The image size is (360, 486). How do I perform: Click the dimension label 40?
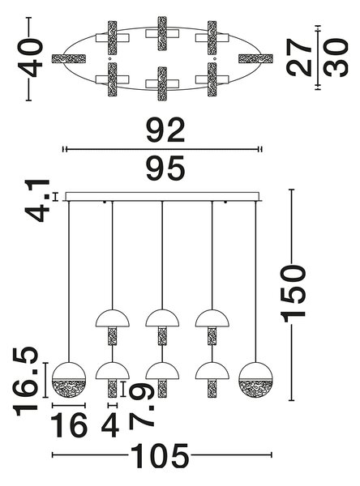pos(31,58)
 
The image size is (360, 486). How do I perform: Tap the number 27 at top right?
pos(298,57)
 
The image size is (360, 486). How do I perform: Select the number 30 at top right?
pos(335,58)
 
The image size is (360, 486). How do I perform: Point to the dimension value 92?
pos(165,130)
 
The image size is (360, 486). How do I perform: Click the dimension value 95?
pos(165,168)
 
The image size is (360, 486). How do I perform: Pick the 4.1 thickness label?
pos(37,201)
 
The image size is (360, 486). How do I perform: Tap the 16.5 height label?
pos(25,382)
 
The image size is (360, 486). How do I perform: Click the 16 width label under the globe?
pos(69,425)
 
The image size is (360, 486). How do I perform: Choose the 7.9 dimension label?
pos(142,407)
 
